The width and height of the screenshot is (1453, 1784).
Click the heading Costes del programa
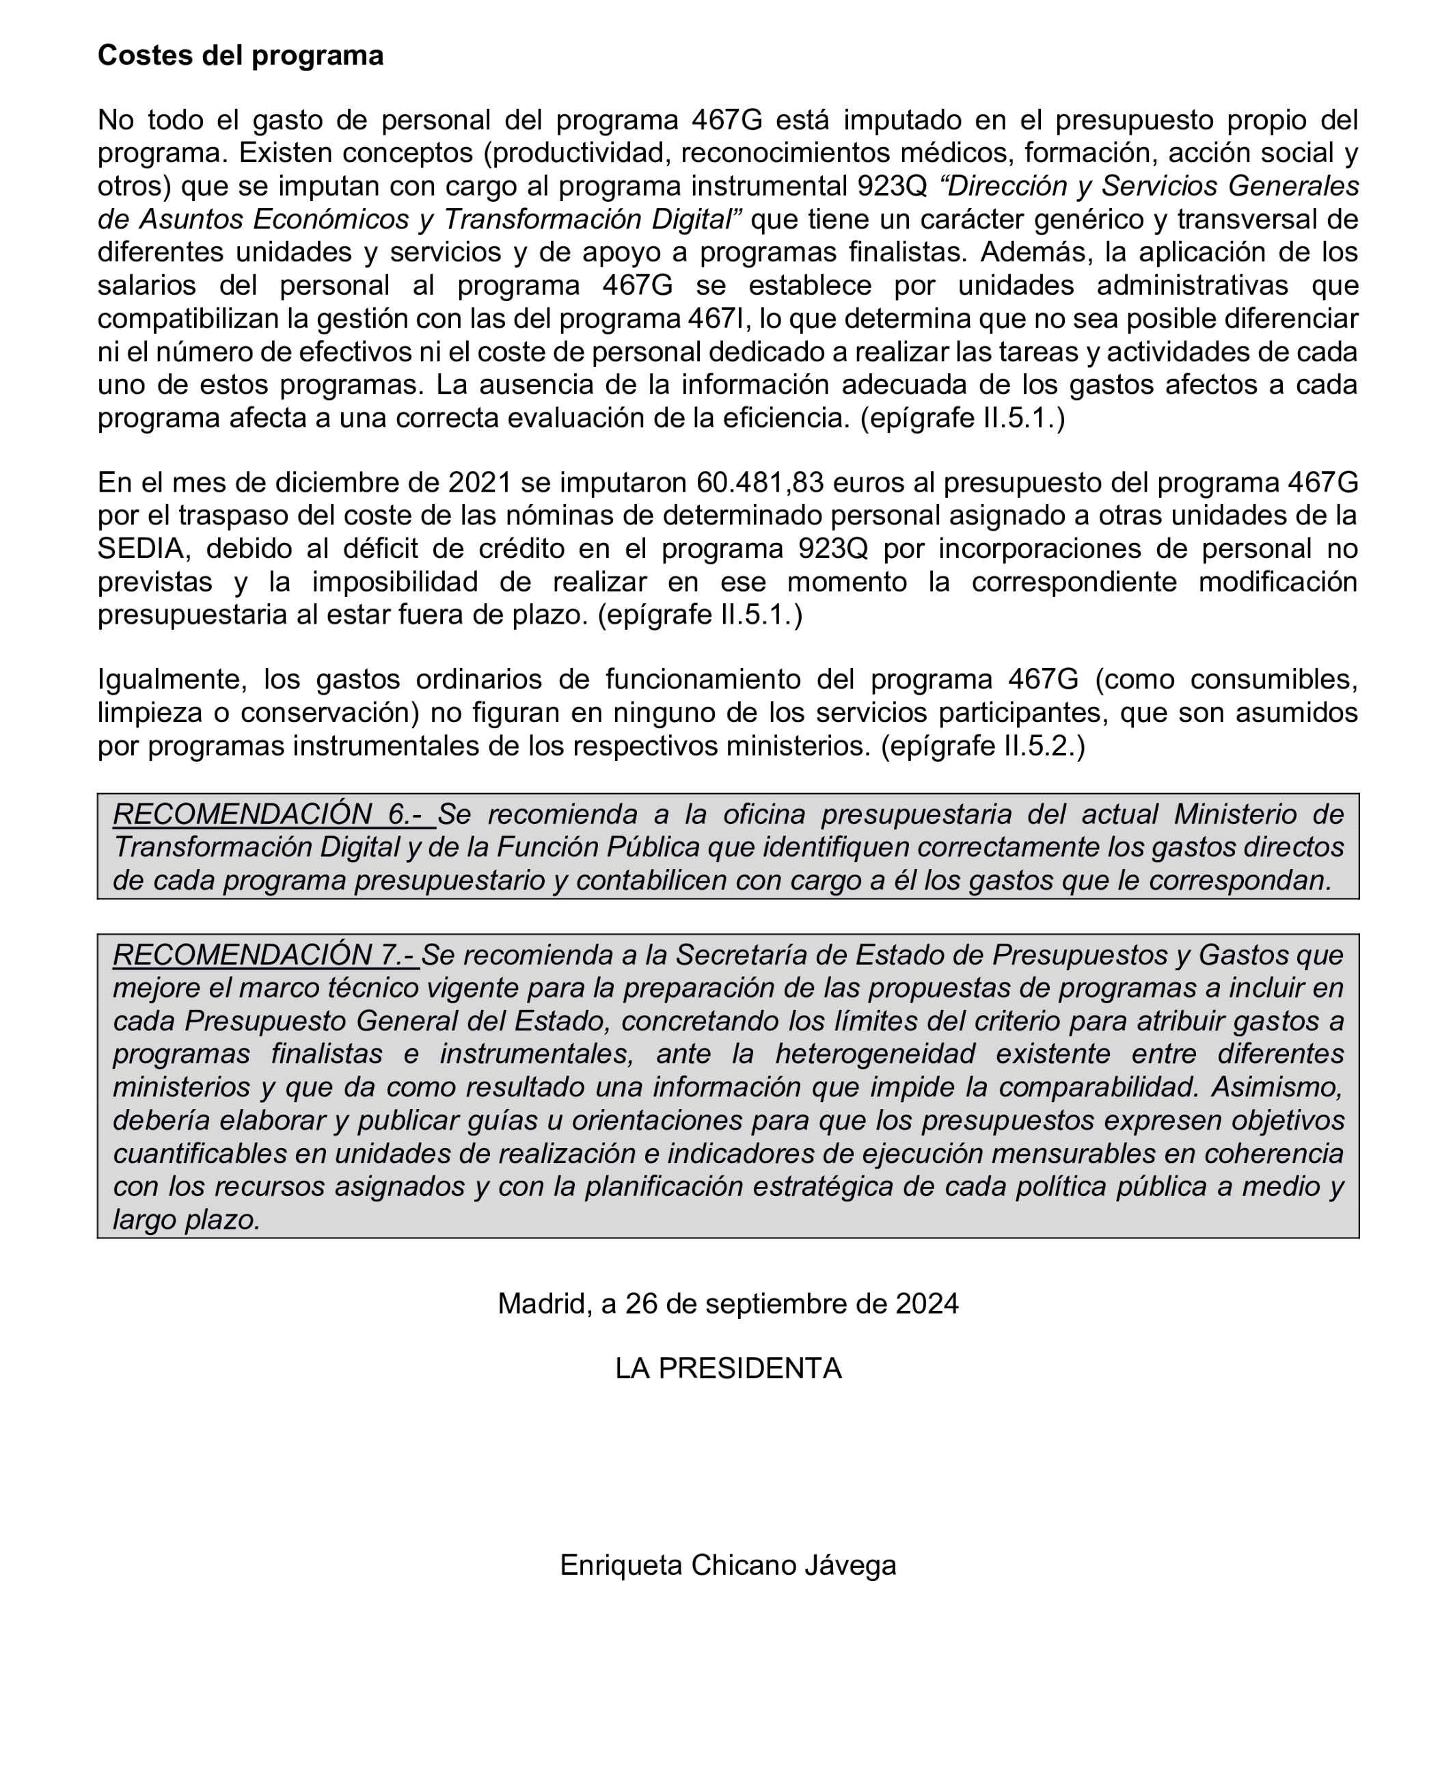click(x=240, y=55)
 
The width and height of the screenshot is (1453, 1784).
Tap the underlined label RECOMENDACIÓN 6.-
click(x=273, y=814)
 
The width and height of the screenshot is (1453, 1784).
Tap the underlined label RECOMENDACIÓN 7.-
click(x=266, y=955)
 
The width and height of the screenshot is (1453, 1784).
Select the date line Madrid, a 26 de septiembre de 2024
click(x=727, y=1303)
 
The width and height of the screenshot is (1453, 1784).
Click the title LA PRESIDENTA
click(x=727, y=1368)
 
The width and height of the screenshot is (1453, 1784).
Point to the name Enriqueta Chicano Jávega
click(x=727, y=1565)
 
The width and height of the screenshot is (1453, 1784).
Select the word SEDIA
click(x=140, y=548)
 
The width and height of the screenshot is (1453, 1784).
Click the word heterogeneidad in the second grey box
click(x=875, y=1053)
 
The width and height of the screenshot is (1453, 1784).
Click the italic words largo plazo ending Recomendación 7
click(x=187, y=1219)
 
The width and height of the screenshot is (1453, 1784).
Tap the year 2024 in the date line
click(x=927, y=1303)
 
